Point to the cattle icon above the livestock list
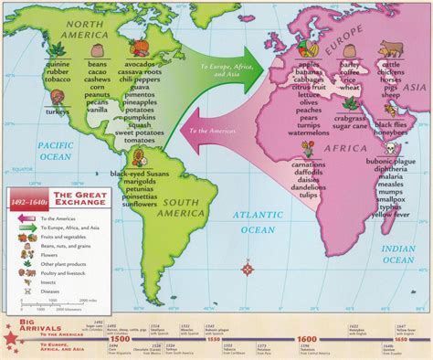pos(396,48)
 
